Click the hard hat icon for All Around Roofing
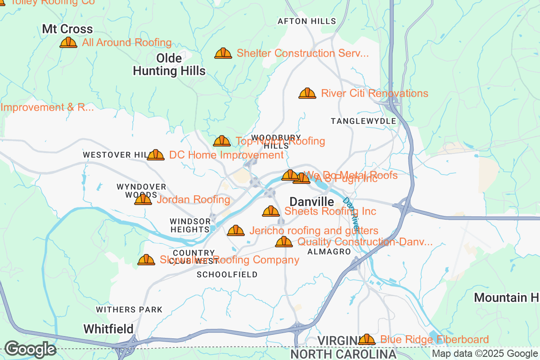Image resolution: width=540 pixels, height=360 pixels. (68, 43)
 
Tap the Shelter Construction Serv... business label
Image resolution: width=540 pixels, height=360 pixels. (302, 54)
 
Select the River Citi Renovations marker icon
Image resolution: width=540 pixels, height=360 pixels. (307, 94)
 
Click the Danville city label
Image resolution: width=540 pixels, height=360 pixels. (312, 202)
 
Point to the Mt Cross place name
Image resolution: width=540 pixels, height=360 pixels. (67, 30)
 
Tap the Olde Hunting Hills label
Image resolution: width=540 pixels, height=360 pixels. (169, 65)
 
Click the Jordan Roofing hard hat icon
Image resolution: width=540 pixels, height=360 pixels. (143, 199)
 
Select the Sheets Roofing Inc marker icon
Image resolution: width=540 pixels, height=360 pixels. (271, 211)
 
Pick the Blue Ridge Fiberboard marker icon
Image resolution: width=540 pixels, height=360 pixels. (367, 339)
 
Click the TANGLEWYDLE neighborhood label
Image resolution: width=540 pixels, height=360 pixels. (363, 121)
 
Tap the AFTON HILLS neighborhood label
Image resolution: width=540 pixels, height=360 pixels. (307, 21)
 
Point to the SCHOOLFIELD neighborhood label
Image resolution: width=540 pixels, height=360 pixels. (227, 274)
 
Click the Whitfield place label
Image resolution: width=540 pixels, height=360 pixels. (108, 328)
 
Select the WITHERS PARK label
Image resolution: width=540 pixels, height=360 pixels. (129, 310)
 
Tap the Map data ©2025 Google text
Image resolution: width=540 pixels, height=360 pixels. (485, 354)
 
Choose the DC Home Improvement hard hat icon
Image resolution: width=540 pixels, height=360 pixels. (156, 155)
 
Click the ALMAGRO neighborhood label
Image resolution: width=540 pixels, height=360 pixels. (329, 252)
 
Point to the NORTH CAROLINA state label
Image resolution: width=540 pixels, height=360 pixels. (343, 354)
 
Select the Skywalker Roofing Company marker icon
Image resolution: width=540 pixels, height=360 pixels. (146, 260)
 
